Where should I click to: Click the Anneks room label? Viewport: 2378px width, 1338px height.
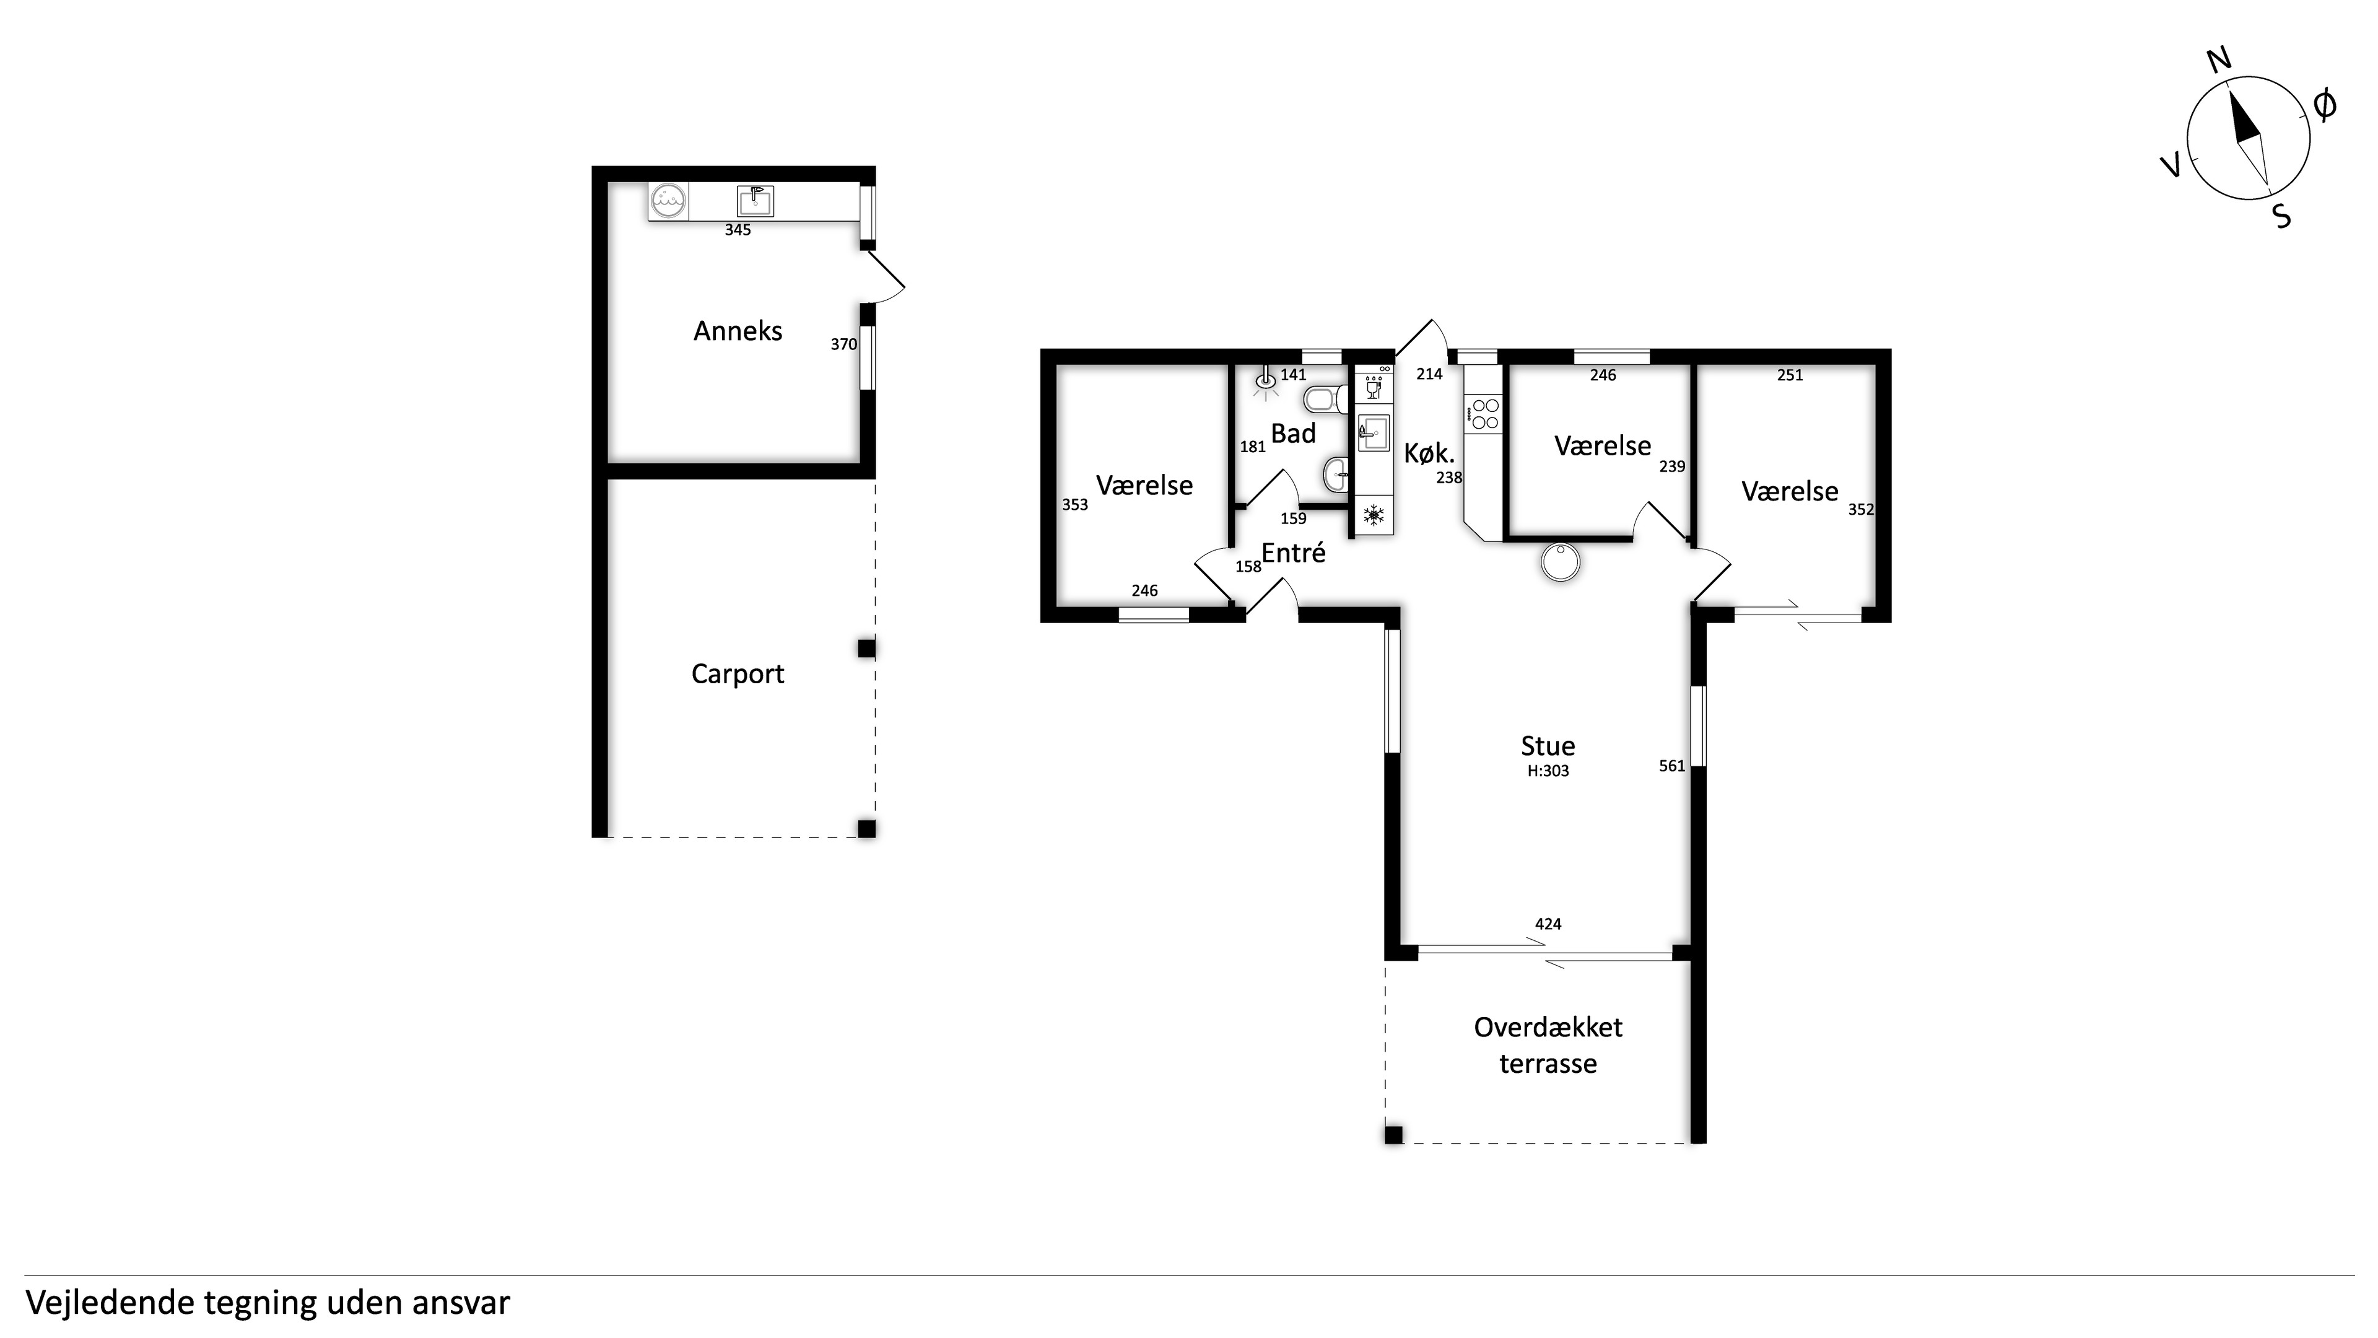738,331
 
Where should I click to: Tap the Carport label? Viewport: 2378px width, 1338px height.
738,674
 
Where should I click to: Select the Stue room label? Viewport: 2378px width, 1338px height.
1548,745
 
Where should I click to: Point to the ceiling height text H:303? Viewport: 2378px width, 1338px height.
1548,771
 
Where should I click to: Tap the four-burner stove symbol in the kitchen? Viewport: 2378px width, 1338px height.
1484,413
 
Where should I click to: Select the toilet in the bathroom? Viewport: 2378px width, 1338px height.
1325,400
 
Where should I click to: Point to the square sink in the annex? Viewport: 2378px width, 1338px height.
755,200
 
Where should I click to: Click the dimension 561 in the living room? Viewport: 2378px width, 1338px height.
1672,766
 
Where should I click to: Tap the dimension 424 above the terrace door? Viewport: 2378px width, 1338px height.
1548,924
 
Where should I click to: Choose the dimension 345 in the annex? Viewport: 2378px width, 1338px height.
738,230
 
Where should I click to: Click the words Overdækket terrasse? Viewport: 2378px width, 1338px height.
1548,1045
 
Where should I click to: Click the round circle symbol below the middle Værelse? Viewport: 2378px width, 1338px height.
1561,561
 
